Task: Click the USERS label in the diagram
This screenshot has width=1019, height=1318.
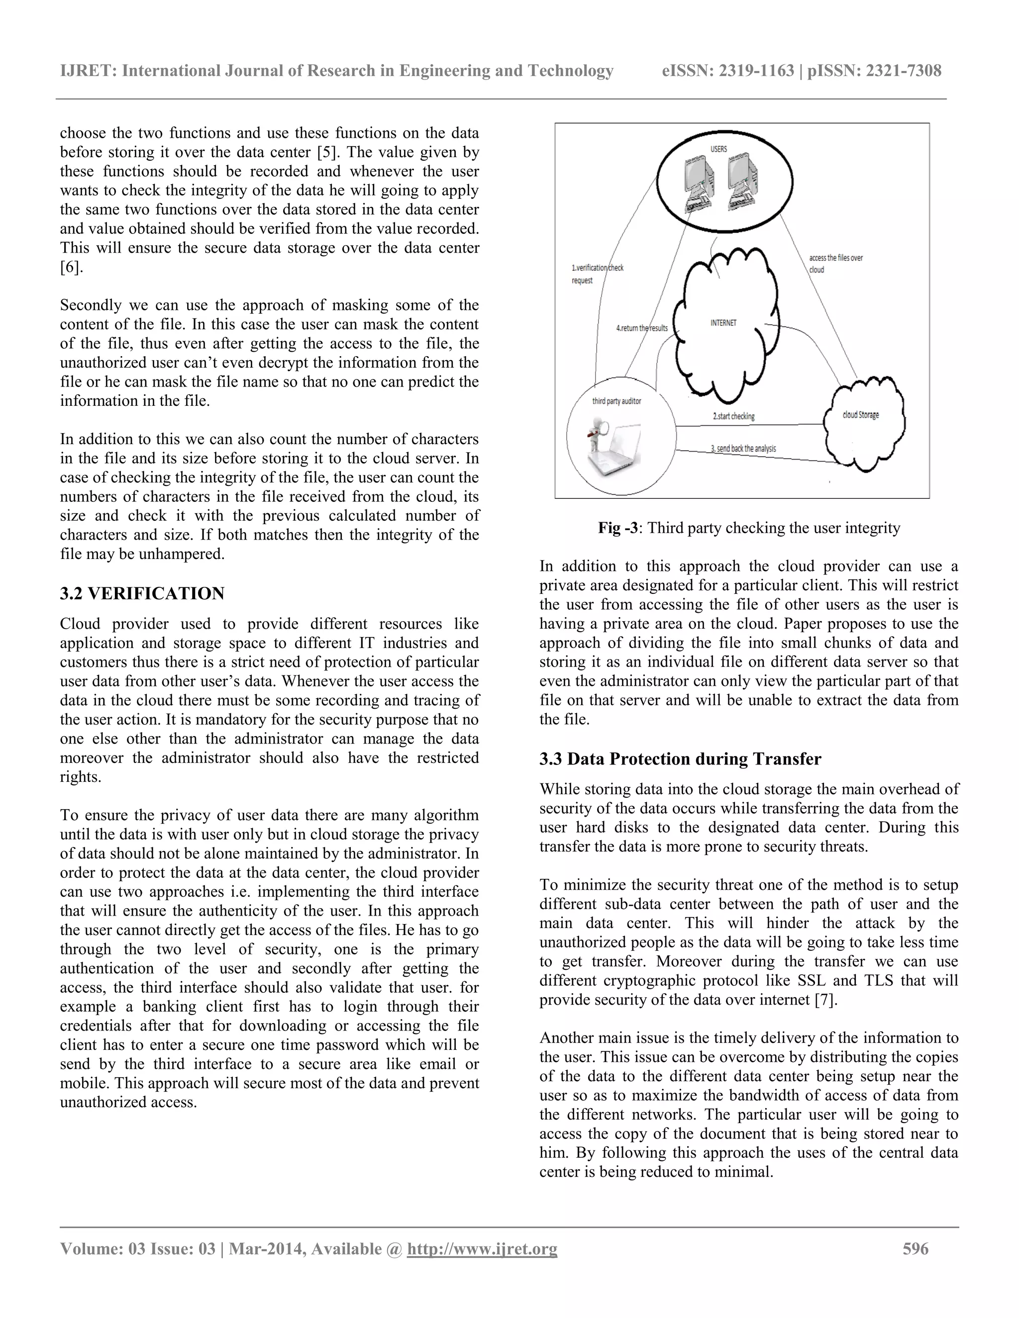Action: pyautogui.click(x=718, y=149)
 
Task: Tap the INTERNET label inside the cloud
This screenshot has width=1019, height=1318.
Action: pyautogui.click(x=723, y=323)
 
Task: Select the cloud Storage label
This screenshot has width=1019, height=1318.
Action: pyautogui.click(x=860, y=415)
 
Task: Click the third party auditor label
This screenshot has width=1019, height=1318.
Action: pyautogui.click(x=616, y=401)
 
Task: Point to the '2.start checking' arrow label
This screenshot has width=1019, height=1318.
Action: pyautogui.click(x=733, y=416)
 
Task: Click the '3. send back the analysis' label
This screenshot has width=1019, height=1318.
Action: pyautogui.click(x=743, y=449)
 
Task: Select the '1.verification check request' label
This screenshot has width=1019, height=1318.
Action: pyautogui.click(x=597, y=274)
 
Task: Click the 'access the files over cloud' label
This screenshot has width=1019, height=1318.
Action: pyautogui.click(x=835, y=264)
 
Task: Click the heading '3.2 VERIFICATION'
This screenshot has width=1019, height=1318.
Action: pyautogui.click(x=142, y=594)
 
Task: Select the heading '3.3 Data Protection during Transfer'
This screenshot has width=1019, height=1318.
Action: pyautogui.click(x=680, y=759)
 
